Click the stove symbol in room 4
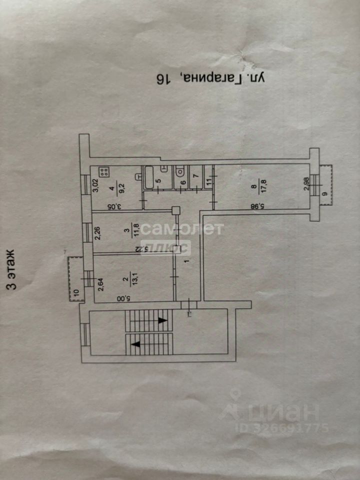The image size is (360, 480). point(104,172)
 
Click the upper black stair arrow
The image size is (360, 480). point(161,320)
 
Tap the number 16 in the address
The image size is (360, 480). point(163,78)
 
